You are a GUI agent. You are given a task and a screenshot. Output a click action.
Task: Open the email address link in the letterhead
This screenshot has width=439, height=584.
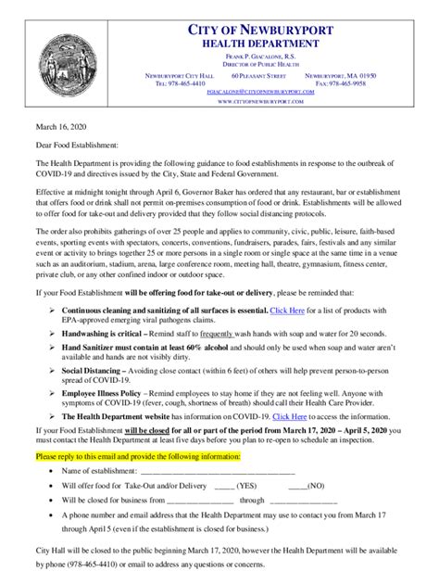tap(272, 93)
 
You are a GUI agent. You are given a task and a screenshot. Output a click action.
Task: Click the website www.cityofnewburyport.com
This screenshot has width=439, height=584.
tap(272, 102)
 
